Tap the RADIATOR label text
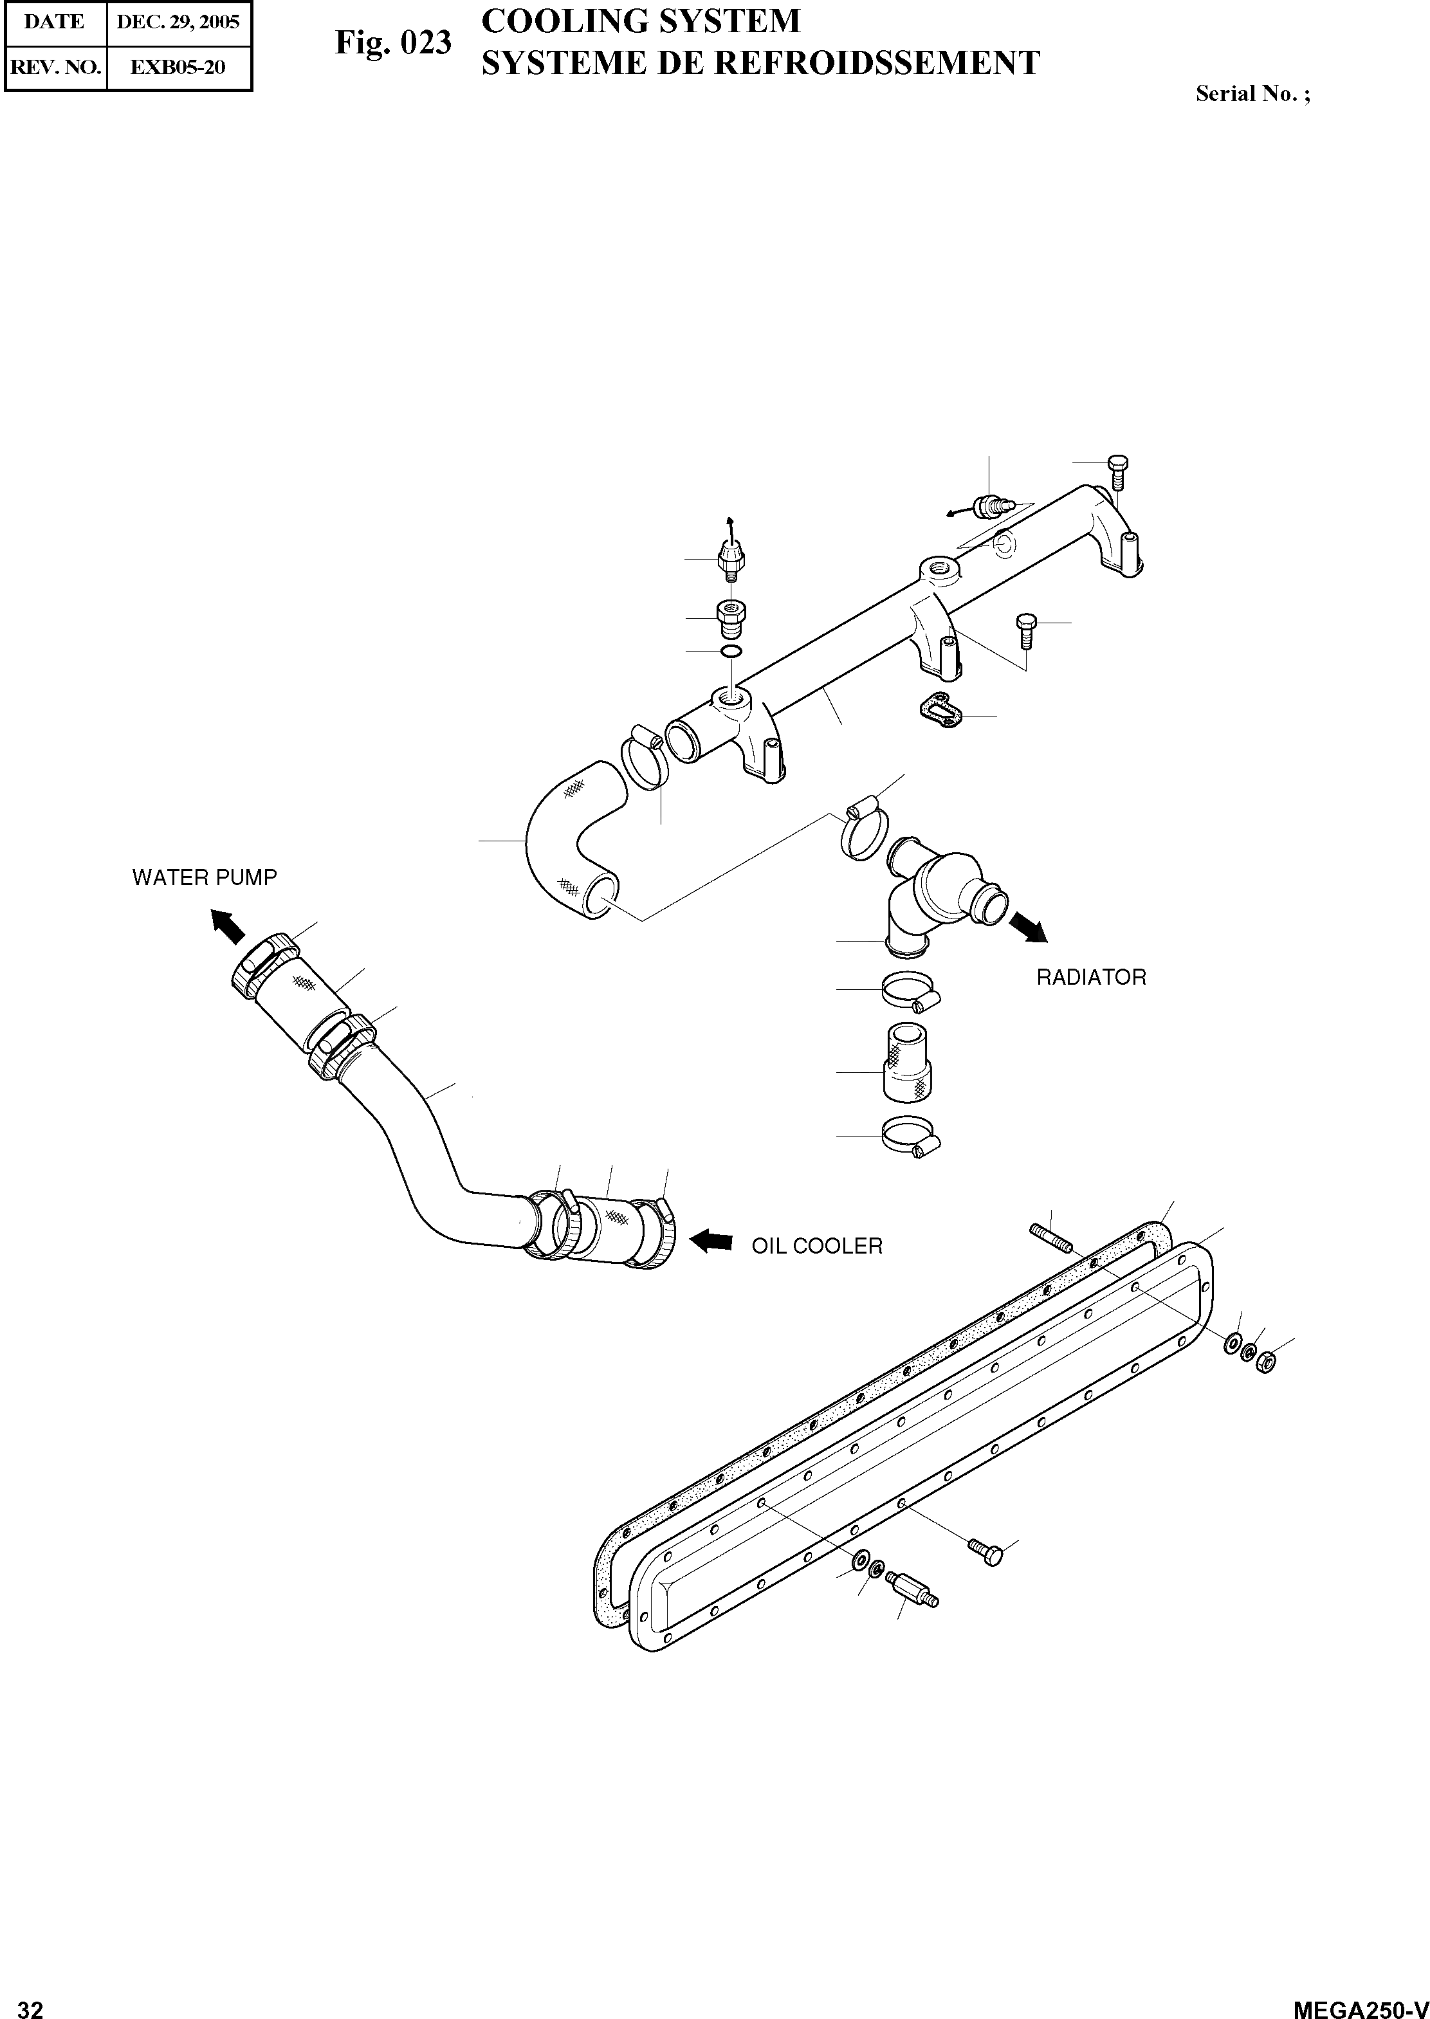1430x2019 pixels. point(1091,978)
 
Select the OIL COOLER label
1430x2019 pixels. point(816,1246)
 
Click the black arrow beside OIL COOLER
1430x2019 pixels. point(711,1241)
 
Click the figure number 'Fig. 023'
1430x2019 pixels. point(393,42)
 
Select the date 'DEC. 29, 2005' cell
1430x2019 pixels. point(178,22)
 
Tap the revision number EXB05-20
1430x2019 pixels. point(178,67)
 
